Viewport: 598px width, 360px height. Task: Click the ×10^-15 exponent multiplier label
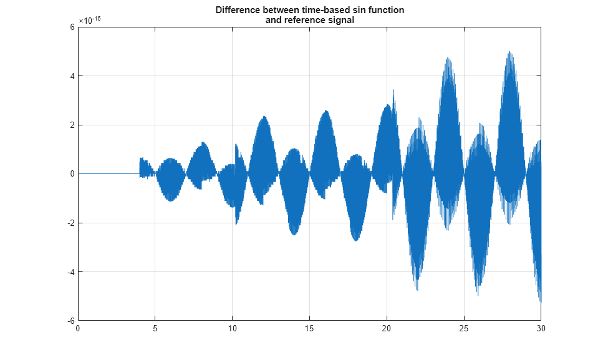pyautogui.click(x=90, y=20)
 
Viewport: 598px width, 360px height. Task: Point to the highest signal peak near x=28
pyautogui.click(x=510, y=52)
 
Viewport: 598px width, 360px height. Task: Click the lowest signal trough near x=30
pyautogui.click(x=540, y=302)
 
